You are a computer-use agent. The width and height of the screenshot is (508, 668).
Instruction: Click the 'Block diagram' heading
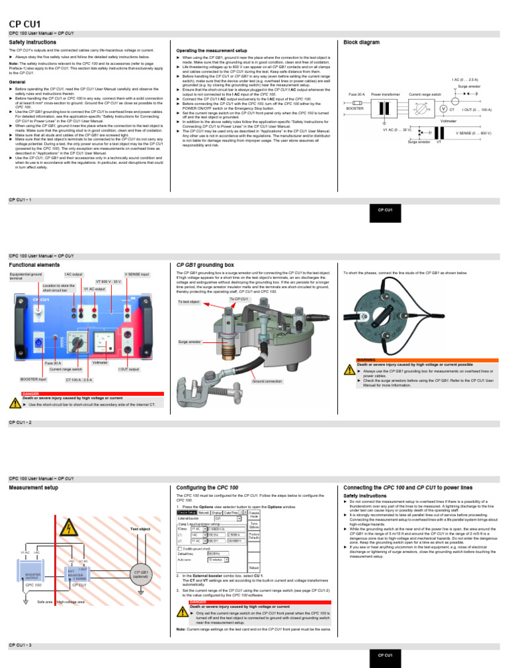coord(361,42)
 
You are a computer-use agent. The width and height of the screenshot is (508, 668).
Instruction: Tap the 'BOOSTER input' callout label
coord(32,379)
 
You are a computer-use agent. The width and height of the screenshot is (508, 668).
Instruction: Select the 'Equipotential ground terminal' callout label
coord(26,276)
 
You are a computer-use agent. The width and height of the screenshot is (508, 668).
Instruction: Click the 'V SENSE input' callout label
coord(136,274)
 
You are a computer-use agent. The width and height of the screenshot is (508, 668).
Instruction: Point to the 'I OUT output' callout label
coord(130,369)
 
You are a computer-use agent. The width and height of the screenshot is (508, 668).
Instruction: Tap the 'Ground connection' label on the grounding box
coord(267,381)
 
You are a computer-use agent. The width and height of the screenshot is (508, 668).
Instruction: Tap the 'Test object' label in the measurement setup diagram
coord(140,529)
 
